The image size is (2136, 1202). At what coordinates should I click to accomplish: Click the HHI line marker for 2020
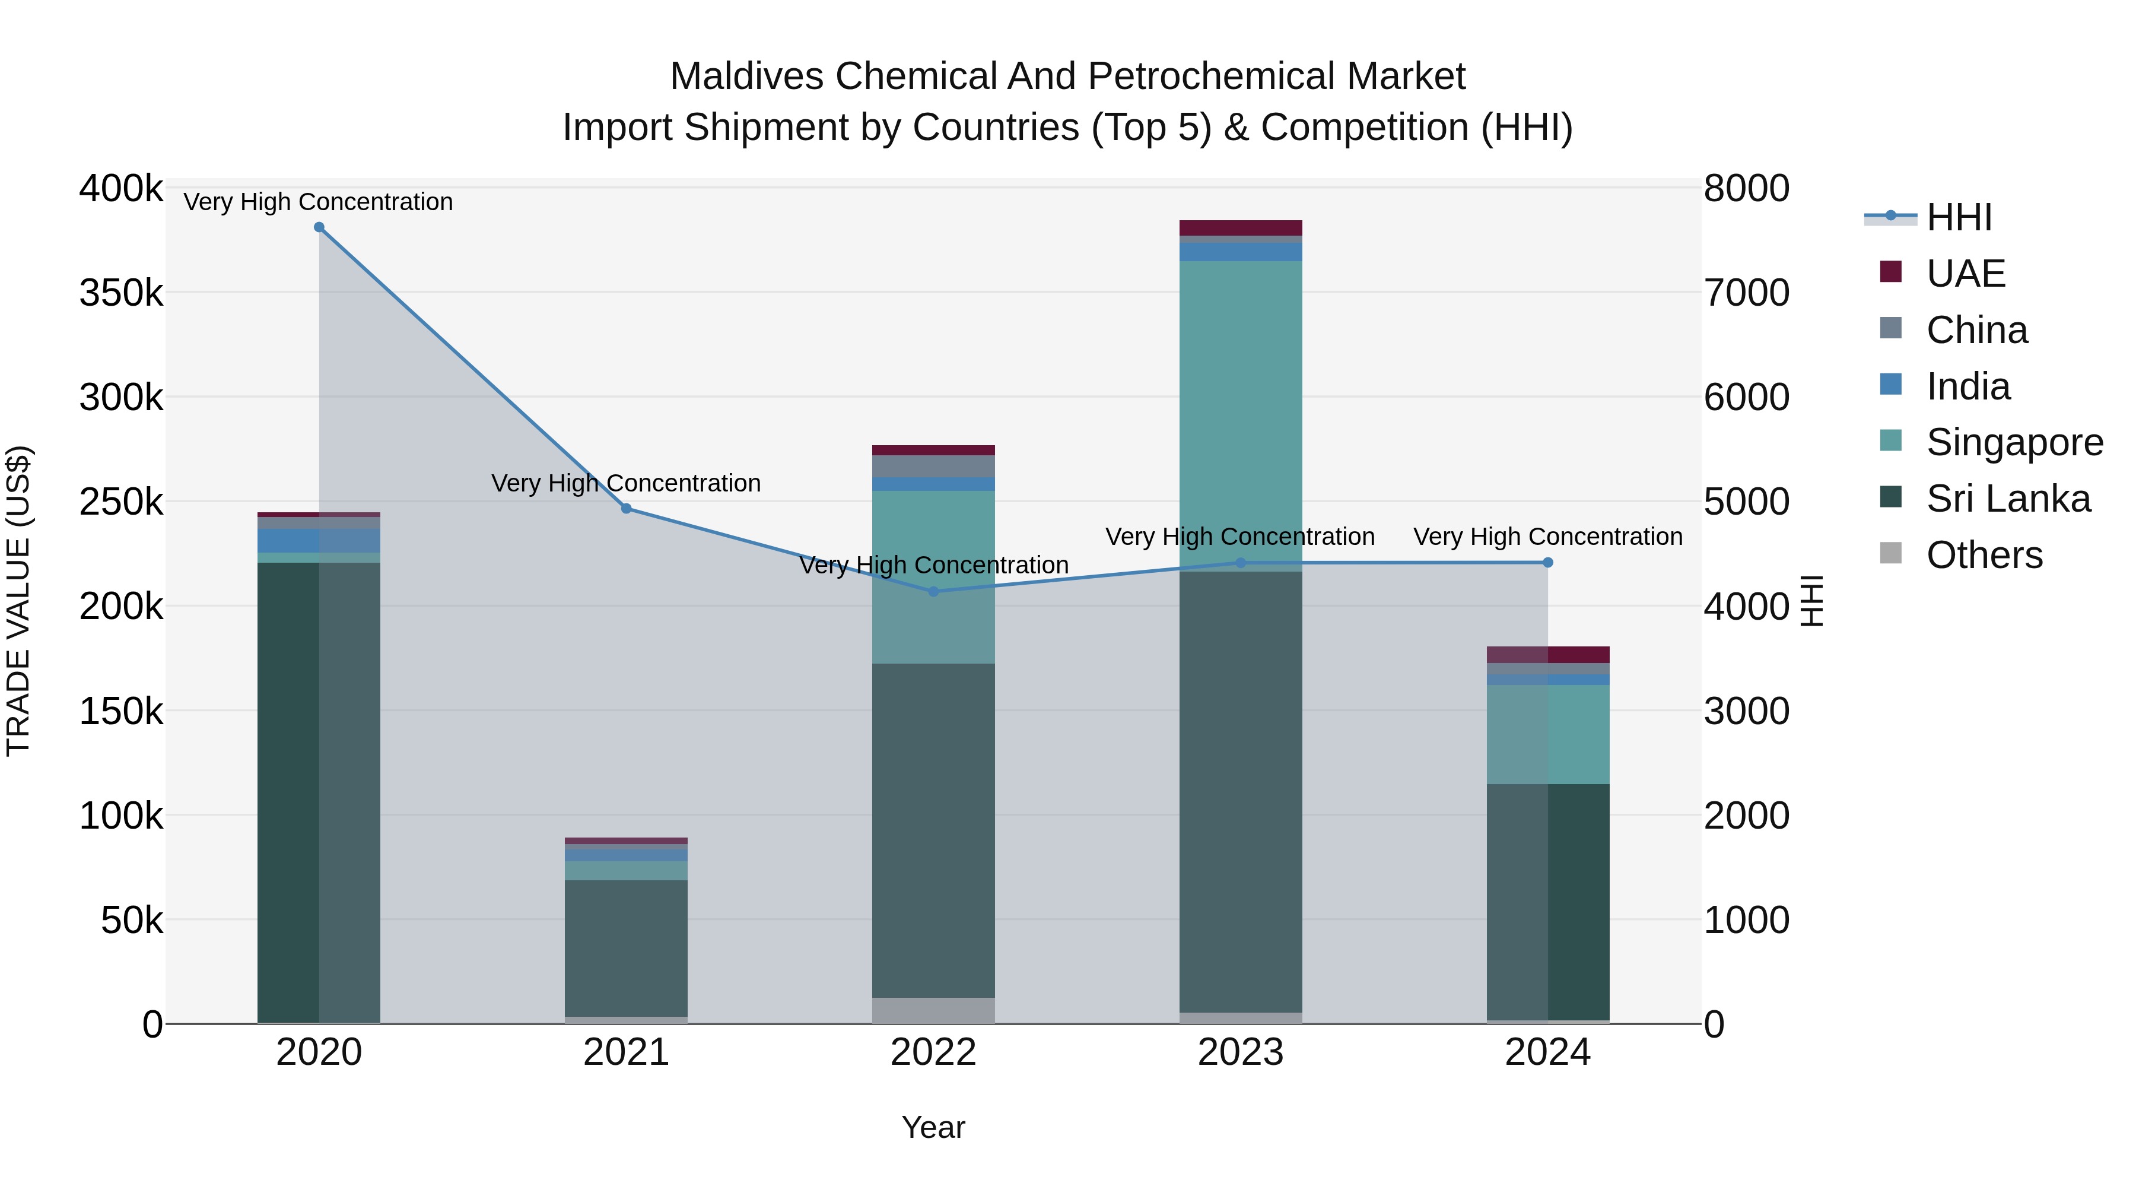tap(319, 227)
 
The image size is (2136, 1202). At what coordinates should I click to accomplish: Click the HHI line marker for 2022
tap(934, 591)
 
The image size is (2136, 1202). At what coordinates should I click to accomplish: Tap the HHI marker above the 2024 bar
tap(1547, 563)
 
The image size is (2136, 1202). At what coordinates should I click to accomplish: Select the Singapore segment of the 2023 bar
tap(1241, 415)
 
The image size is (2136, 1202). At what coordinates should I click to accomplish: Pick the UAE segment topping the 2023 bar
tap(1241, 228)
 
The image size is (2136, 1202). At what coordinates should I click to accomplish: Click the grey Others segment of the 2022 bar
tap(934, 1010)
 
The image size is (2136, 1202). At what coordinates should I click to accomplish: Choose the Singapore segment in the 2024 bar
tap(1547, 734)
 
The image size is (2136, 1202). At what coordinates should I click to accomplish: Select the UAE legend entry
tap(1965, 274)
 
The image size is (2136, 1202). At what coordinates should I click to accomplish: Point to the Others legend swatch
tap(1892, 553)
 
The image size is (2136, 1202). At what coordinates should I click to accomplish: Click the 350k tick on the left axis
tap(121, 293)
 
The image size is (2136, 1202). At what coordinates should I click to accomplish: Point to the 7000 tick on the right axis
tap(1746, 293)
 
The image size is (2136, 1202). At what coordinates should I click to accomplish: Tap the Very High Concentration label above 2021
tap(626, 483)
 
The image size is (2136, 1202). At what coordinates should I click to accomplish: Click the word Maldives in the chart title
tap(746, 77)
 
